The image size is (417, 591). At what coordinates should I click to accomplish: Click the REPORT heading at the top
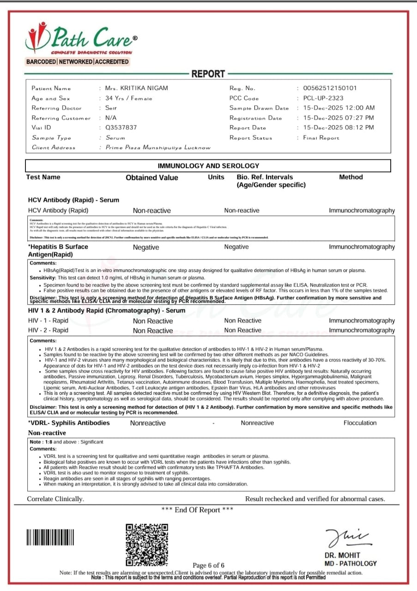(x=208, y=74)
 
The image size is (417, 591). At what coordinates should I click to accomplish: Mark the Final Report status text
(x=321, y=138)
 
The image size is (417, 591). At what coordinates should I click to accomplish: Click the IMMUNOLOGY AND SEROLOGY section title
(x=208, y=166)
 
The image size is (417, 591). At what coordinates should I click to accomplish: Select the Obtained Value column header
(x=151, y=178)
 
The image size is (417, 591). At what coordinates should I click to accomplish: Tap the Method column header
(x=351, y=177)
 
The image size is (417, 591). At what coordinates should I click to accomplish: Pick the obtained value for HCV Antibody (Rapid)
(x=151, y=211)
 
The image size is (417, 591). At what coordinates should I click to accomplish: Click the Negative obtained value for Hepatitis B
(x=146, y=247)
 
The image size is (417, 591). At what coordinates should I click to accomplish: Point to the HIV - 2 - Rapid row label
(x=48, y=330)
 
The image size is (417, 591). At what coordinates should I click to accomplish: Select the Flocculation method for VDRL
(x=360, y=423)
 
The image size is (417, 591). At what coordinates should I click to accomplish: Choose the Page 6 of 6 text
(x=208, y=566)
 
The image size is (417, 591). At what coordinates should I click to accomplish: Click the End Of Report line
(x=197, y=510)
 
